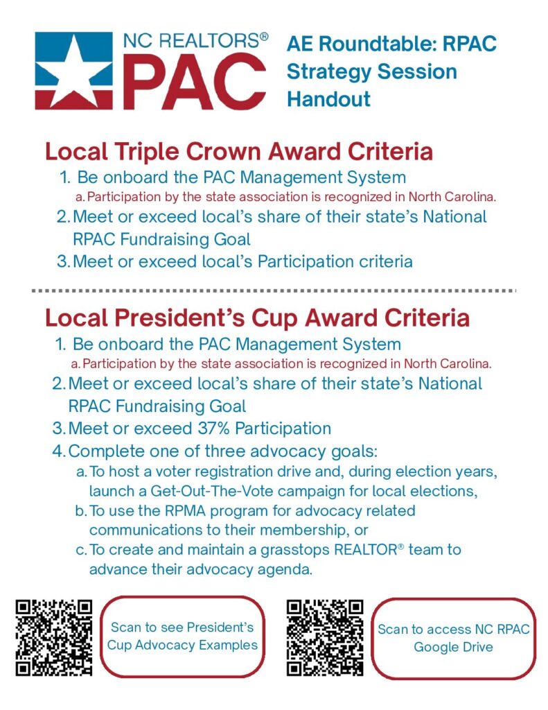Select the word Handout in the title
(328, 98)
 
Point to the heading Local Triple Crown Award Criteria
(239, 151)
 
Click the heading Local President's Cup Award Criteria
(257, 318)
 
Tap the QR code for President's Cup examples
(54, 637)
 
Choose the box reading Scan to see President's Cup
(182, 637)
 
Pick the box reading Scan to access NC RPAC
(453, 637)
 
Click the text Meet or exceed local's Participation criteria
(242, 261)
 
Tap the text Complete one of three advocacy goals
(222, 451)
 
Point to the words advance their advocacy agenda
(201, 570)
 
